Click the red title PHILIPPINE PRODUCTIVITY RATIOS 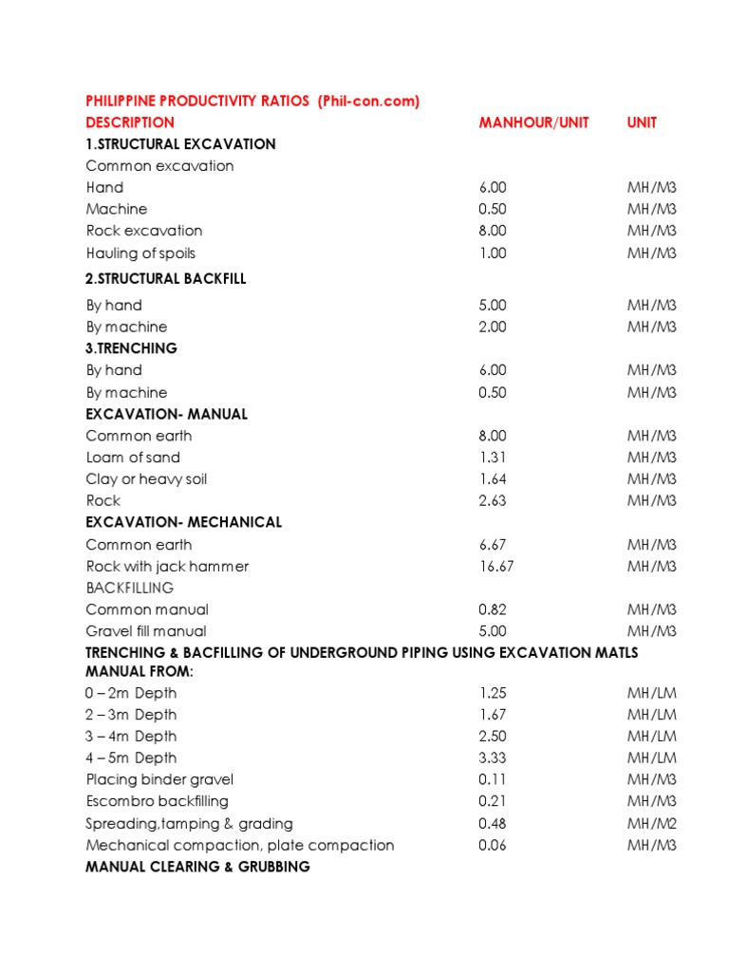(x=199, y=101)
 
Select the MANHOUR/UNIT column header (x=533, y=122)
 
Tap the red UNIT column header (x=642, y=122)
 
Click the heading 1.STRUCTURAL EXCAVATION (x=180, y=144)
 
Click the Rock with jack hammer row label (x=167, y=567)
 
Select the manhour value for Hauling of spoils (x=493, y=253)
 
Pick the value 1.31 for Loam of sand (x=493, y=458)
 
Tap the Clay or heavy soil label (x=146, y=479)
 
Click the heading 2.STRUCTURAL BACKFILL (x=173, y=279)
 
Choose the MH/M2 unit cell (x=651, y=824)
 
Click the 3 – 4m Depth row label (x=131, y=737)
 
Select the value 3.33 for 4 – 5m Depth (x=493, y=758)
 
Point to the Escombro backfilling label (x=157, y=802)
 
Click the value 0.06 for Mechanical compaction (x=493, y=846)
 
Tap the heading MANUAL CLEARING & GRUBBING (x=197, y=868)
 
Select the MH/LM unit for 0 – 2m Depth (x=651, y=693)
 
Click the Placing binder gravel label (x=159, y=780)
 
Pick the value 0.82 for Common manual (x=493, y=609)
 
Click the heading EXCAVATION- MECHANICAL (x=183, y=523)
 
